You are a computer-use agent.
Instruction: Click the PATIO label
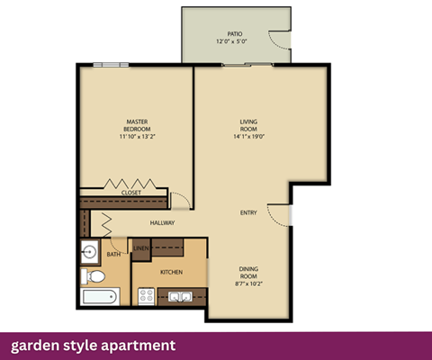point(235,33)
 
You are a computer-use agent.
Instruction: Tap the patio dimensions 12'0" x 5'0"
point(235,42)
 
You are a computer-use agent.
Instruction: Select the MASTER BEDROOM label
point(137,125)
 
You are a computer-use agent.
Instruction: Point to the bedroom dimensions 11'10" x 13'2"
point(137,138)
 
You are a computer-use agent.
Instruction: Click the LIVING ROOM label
point(249,125)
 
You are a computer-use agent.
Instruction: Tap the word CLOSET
point(131,193)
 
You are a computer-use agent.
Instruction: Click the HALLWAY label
point(162,222)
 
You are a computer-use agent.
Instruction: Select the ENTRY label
point(248,213)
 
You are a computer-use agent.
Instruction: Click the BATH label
point(113,255)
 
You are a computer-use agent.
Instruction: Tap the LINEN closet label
point(141,248)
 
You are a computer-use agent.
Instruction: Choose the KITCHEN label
point(172,271)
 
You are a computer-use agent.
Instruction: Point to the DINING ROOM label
point(248,273)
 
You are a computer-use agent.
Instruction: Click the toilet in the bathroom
point(88,274)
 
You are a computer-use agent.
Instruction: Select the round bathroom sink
point(88,252)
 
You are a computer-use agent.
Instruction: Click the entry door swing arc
point(281,215)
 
